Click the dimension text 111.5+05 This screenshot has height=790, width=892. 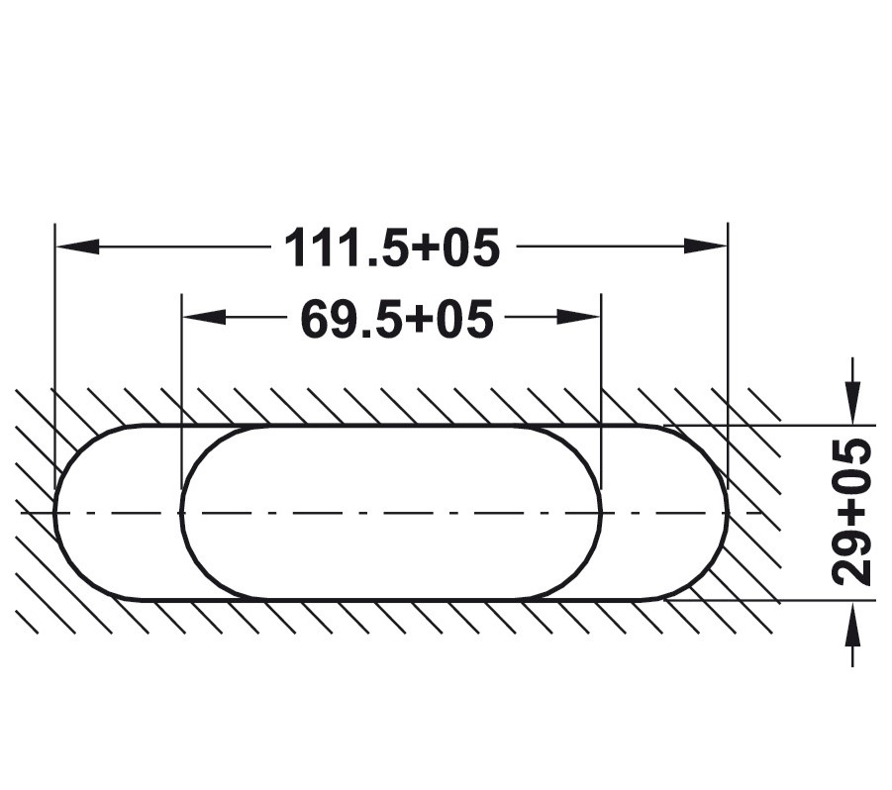point(392,247)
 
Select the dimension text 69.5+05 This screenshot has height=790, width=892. point(396,319)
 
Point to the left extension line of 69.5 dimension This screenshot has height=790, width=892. point(181,376)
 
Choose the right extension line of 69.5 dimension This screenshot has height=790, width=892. point(601,376)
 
